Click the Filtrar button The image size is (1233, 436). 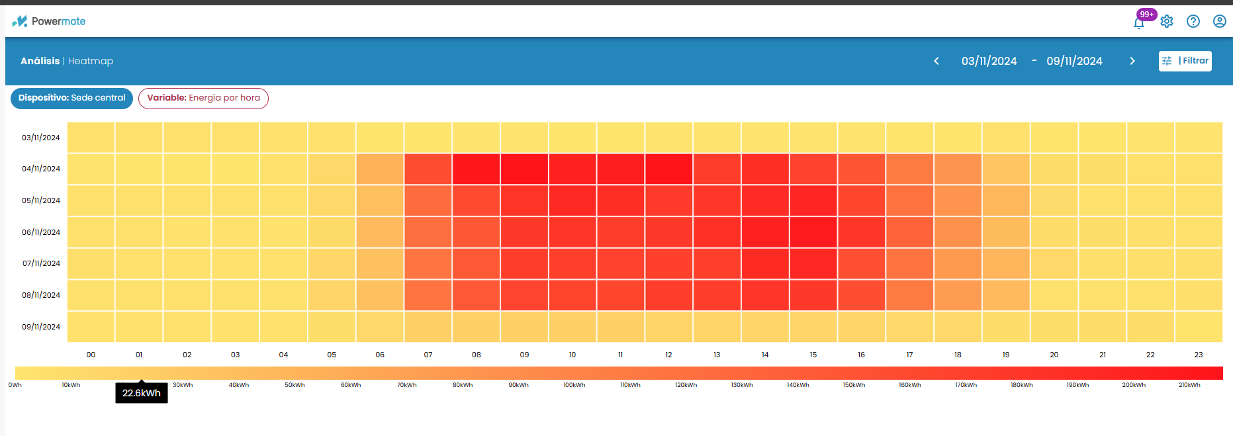click(1185, 61)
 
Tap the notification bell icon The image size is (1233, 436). click(1139, 22)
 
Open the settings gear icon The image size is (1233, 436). click(1167, 21)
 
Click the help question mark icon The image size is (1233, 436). click(1193, 21)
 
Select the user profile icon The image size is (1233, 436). click(1219, 21)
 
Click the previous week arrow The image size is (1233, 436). click(936, 61)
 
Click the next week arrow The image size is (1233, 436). click(1132, 61)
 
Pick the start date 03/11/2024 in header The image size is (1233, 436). click(989, 61)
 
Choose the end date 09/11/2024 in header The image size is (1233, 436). click(1074, 61)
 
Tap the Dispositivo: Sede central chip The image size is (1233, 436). click(71, 98)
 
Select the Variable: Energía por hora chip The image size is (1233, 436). click(203, 98)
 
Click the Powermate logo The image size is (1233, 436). click(49, 21)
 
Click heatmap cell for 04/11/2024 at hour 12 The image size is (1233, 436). click(668, 169)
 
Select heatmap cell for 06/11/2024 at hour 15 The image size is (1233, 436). click(813, 232)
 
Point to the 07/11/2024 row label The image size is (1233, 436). click(41, 263)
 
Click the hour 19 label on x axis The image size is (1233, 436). click(1006, 355)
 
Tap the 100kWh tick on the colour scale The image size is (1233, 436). click(574, 385)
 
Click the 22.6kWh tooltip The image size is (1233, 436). click(142, 393)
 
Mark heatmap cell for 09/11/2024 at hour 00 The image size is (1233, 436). click(91, 327)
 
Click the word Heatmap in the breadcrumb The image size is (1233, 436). click(91, 61)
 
